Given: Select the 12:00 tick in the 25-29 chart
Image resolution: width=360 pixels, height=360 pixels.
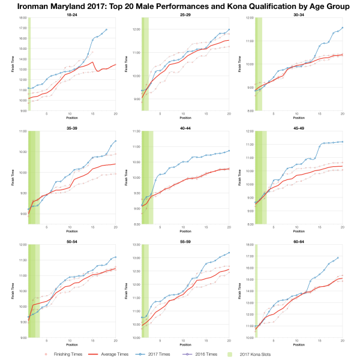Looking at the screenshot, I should pyautogui.click(x=136, y=29).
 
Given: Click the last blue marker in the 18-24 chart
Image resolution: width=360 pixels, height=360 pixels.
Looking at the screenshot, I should pyautogui.click(x=106, y=29).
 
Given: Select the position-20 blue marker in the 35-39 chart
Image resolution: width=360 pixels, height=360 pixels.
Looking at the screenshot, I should pyautogui.click(x=115, y=141).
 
